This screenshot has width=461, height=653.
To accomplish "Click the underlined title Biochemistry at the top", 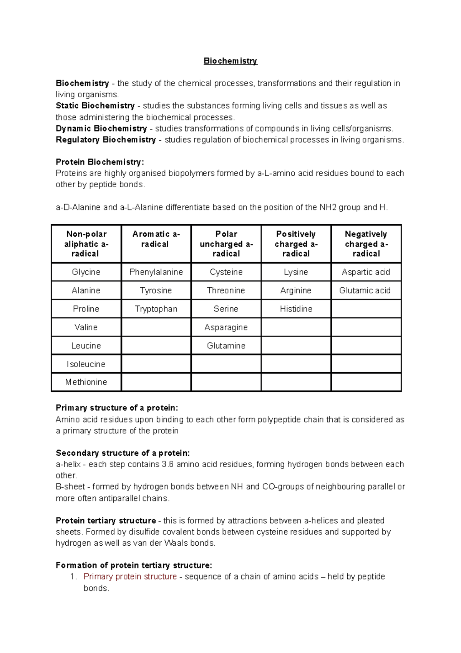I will click(x=230, y=61).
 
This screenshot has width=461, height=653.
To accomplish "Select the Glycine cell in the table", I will click(x=86, y=272).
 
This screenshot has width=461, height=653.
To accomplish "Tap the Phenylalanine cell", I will click(x=156, y=272).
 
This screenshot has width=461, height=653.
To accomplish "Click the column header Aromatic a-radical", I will click(x=156, y=239).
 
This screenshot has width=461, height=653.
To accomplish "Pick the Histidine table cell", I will click(x=296, y=309).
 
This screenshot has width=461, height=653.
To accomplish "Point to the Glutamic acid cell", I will click(x=365, y=290).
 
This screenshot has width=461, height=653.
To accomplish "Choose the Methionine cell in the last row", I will click(x=86, y=382).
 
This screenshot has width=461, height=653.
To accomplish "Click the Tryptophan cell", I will click(x=156, y=309).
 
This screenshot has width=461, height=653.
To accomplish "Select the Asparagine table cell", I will click(x=226, y=327).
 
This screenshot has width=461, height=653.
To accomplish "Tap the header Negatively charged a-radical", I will click(x=366, y=244).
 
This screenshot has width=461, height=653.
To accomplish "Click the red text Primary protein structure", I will click(x=130, y=576).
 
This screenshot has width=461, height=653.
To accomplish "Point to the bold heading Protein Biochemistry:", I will click(x=100, y=162).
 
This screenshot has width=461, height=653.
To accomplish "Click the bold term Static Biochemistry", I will click(x=95, y=106).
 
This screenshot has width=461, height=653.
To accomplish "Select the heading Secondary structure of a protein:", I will click(x=123, y=453).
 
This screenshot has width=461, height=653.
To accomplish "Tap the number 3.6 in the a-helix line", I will click(x=167, y=464).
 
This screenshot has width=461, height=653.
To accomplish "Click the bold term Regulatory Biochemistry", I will click(x=106, y=140).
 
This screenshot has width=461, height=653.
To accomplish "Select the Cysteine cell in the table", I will click(x=226, y=272).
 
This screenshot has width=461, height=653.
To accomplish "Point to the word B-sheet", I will click(x=70, y=486).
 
